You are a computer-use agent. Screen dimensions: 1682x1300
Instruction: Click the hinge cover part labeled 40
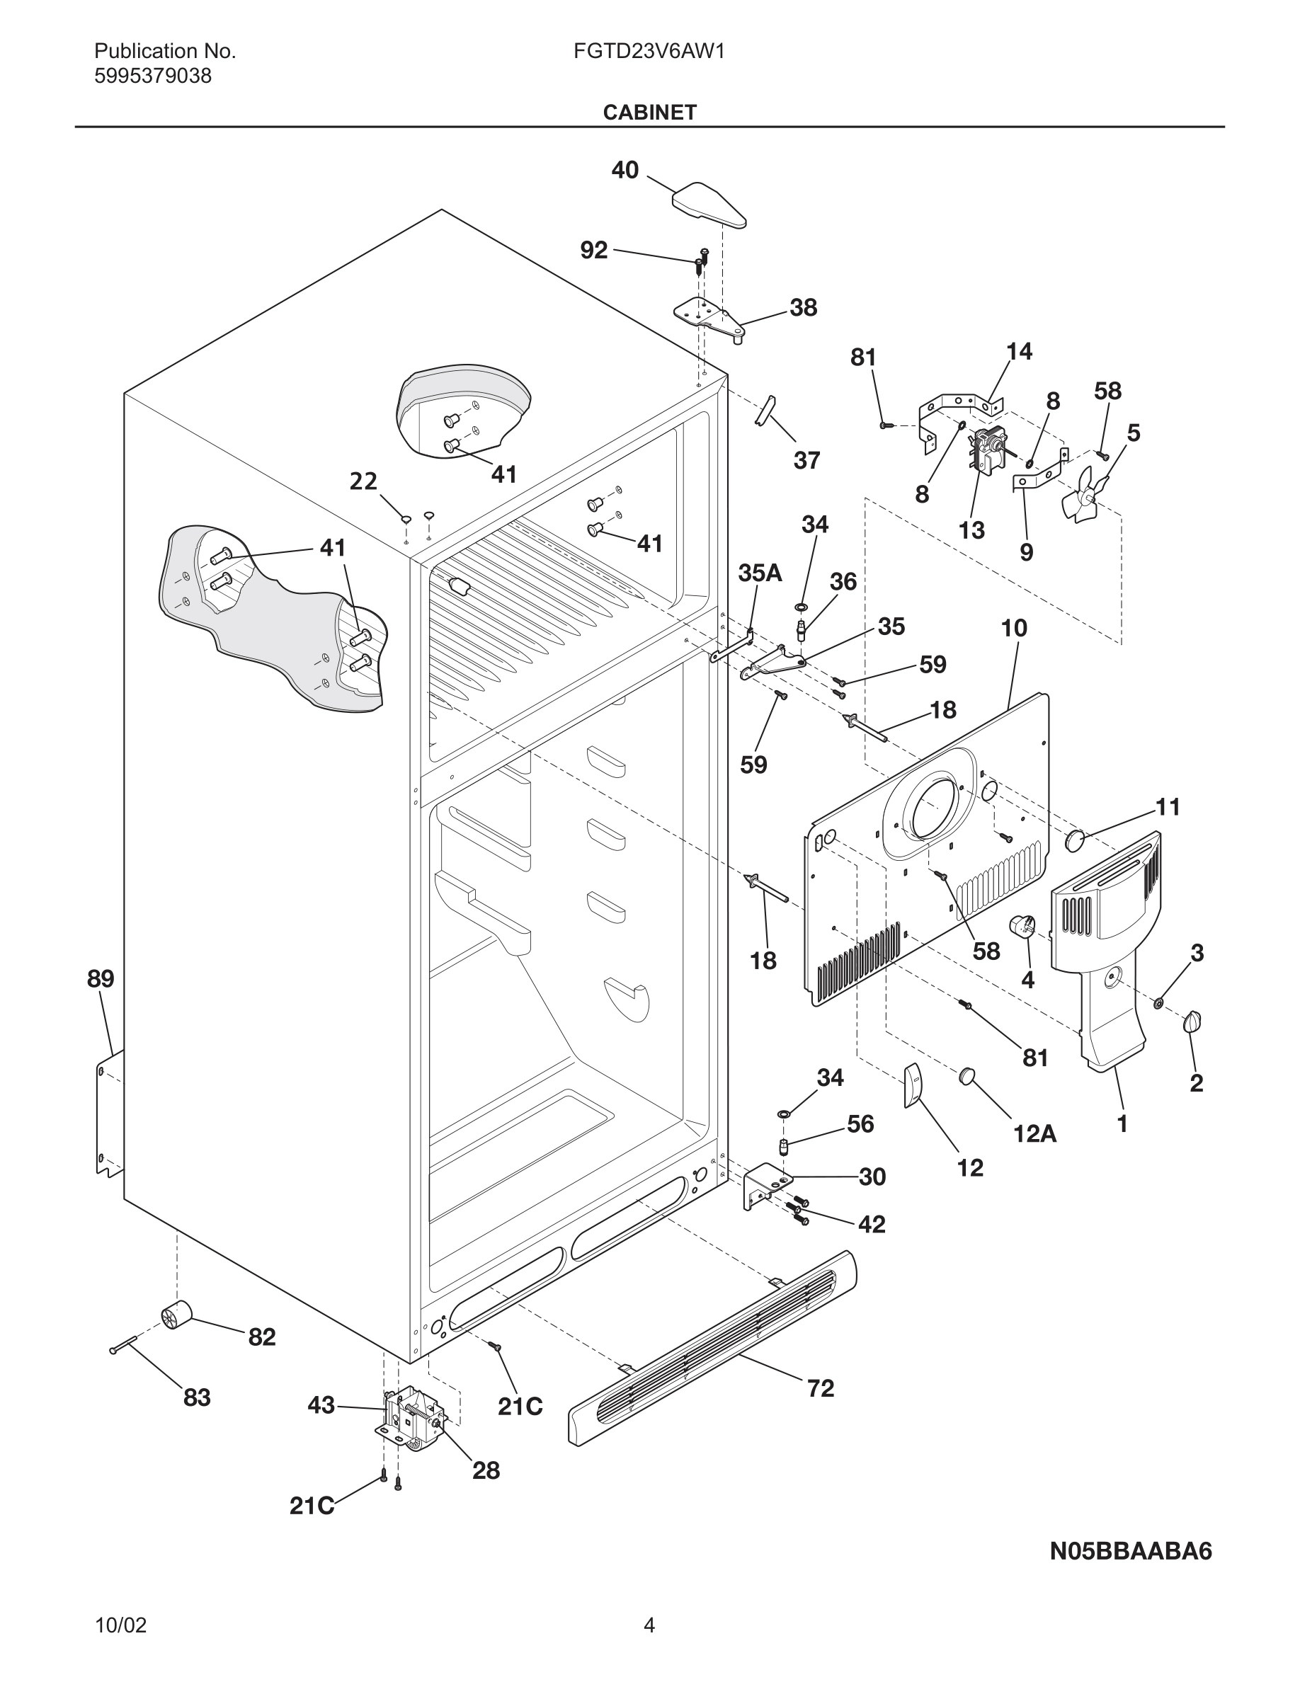point(709,205)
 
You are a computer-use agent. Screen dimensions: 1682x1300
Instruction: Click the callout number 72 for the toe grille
point(820,1389)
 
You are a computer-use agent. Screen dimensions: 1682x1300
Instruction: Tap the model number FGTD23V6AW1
point(649,52)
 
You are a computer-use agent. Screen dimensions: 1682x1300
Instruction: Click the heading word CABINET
point(649,113)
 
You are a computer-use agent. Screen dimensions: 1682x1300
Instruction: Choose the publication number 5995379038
point(152,76)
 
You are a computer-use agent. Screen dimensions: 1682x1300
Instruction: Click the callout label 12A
point(1034,1133)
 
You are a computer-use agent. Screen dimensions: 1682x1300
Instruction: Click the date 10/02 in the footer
point(120,1626)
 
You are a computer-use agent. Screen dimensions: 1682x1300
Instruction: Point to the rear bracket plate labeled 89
point(108,1116)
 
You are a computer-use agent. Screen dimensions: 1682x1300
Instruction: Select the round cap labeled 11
point(1075,840)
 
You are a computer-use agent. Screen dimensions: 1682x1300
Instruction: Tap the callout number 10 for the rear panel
point(1013,629)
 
